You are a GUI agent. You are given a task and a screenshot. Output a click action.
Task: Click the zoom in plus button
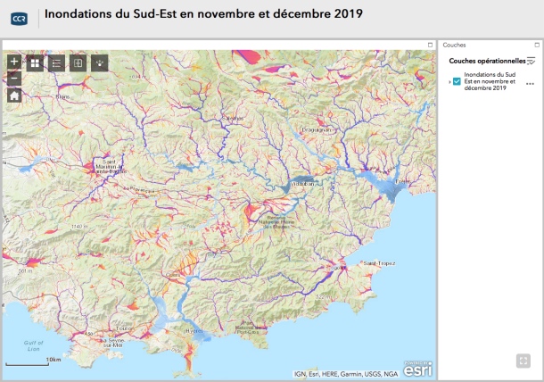pyautogui.click(x=14, y=62)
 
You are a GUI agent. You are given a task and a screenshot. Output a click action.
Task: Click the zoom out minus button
pyautogui.click(x=14, y=79)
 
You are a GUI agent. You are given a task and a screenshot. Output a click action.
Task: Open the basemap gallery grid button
pyautogui.click(x=35, y=62)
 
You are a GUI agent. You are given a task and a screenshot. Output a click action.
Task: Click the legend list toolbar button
pyautogui.click(x=56, y=62)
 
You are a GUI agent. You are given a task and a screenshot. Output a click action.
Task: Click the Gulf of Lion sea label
pyautogui.click(x=34, y=345)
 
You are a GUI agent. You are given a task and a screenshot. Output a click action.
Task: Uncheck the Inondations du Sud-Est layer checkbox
pyautogui.click(x=457, y=81)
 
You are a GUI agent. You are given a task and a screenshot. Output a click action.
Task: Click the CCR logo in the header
pyautogui.click(x=18, y=15)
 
